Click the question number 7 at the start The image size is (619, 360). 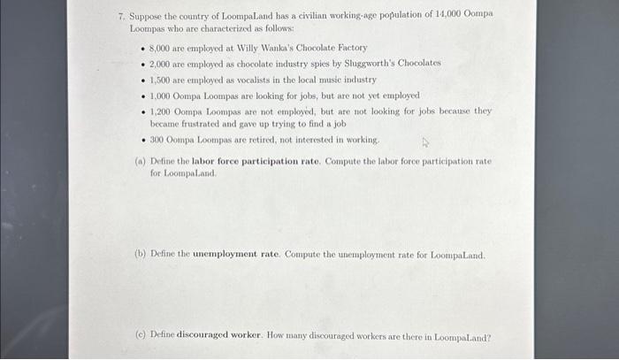121,16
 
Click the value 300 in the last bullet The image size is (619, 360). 158,140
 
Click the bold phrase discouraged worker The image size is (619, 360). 221,336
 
